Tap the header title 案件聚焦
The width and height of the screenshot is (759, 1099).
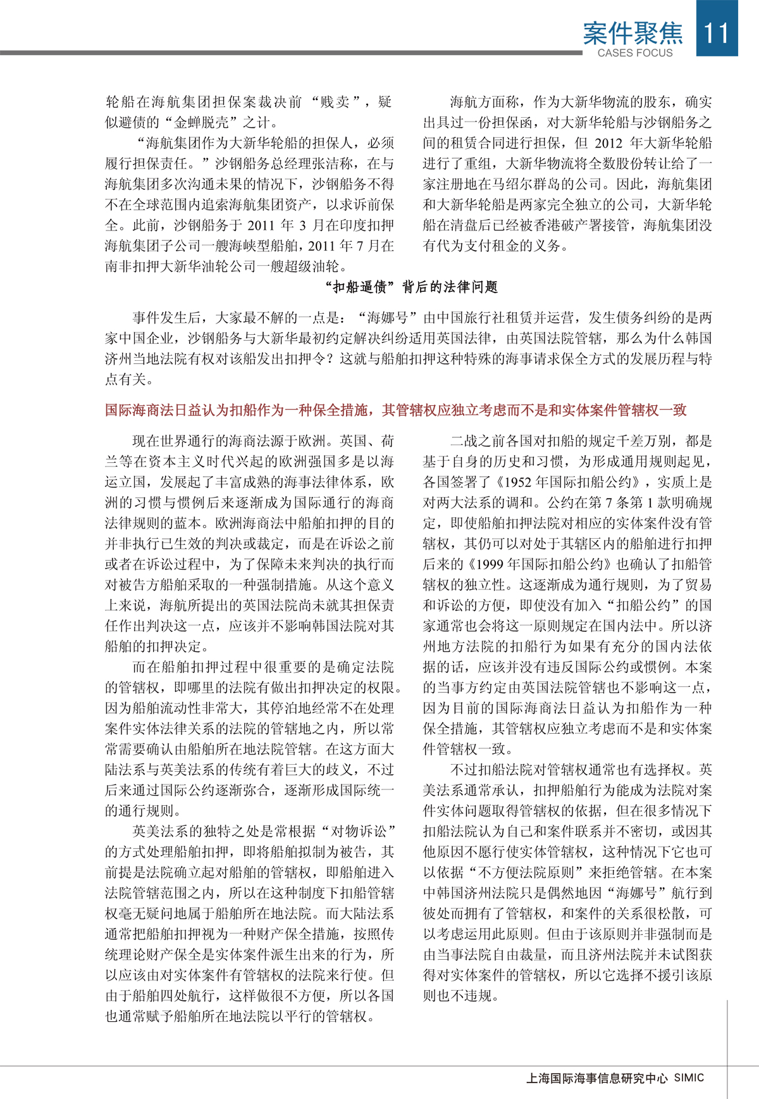pos(632,33)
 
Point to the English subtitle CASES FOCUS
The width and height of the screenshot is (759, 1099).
pos(635,53)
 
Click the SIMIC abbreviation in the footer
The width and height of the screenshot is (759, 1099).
pos(689,1077)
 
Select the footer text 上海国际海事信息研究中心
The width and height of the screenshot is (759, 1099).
pos(596,1078)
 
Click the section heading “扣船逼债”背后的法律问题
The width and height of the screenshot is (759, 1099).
pos(412,287)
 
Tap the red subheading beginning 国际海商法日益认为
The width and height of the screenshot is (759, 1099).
pos(395,410)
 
